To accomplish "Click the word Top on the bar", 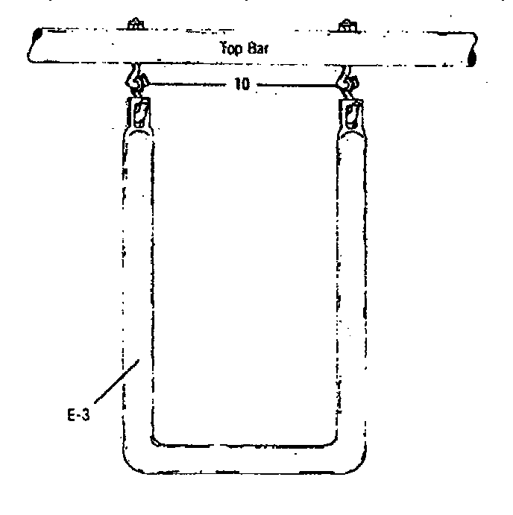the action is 230,48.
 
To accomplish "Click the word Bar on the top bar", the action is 258,48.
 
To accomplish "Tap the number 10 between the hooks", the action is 242,84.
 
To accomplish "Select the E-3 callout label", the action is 78,415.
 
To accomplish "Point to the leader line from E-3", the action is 116,381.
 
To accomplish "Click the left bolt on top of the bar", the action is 136,24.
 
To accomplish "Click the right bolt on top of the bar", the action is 347,26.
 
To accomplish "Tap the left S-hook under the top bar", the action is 136,79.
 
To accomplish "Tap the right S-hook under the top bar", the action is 349,82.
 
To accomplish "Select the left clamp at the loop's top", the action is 139,114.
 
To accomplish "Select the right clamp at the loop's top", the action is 351,116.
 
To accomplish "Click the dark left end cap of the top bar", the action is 37,34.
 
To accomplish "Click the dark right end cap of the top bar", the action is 472,58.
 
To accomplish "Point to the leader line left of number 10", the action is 187,84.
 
